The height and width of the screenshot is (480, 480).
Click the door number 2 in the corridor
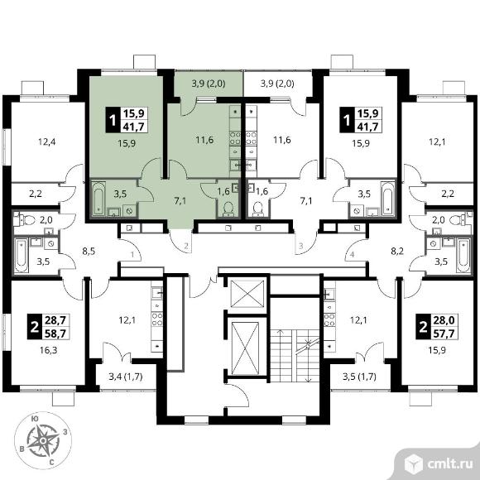[x=186, y=245]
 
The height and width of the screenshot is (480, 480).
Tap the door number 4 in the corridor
[x=352, y=254]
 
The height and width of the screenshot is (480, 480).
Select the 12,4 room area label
[x=46, y=142]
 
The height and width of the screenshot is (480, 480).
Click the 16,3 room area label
[x=48, y=350]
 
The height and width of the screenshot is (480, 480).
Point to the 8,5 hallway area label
[x=89, y=252]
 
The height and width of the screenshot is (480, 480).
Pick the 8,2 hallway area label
[x=397, y=252]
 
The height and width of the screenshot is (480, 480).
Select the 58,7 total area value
[x=55, y=334]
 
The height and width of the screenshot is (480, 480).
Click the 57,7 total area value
[x=444, y=334]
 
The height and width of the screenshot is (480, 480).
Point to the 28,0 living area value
[x=444, y=320]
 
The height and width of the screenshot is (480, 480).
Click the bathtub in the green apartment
[x=98, y=199]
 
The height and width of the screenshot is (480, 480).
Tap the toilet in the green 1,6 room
[x=228, y=209]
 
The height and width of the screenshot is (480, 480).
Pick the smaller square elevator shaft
[x=247, y=294]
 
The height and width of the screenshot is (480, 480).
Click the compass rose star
[x=43, y=440]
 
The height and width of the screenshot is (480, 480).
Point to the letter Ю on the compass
[x=36, y=420]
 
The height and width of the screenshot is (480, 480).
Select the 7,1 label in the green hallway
[x=180, y=201]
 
